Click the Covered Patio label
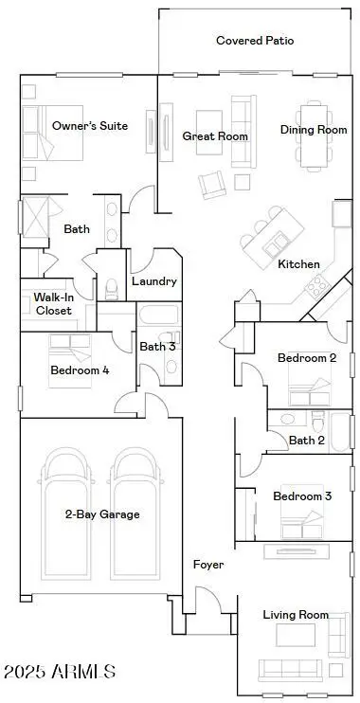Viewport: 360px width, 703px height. click(x=255, y=41)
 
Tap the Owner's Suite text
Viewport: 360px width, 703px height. click(x=90, y=126)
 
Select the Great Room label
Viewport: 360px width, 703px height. click(x=215, y=136)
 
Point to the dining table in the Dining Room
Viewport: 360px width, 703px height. click(x=314, y=135)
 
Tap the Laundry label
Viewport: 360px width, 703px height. click(x=153, y=282)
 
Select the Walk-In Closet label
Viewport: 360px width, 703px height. click(x=53, y=303)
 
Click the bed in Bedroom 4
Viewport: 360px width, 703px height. click(x=70, y=361)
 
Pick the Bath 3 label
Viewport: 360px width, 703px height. click(x=154, y=347)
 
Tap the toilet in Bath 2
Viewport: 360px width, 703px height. click(x=318, y=422)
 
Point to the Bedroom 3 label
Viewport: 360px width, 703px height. click(x=302, y=496)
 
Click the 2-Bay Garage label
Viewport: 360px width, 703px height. click(x=102, y=514)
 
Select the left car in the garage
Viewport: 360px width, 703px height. click(x=67, y=513)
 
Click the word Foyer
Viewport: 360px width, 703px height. click(x=208, y=565)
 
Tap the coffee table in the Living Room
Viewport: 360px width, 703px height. click(x=295, y=636)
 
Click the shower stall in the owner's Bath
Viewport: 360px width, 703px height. click(x=35, y=216)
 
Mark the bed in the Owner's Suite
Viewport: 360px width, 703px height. click(x=53, y=133)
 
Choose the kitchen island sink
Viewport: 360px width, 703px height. click(x=274, y=245)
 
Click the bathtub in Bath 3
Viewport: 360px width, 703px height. click(x=159, y=315)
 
